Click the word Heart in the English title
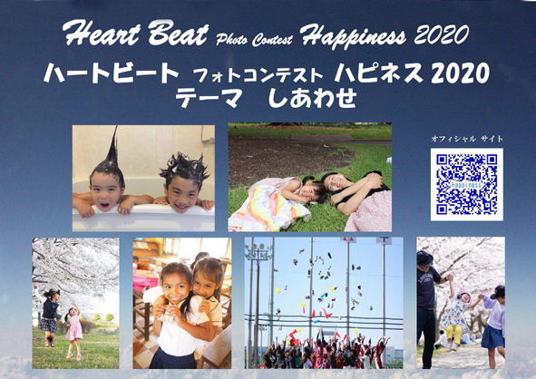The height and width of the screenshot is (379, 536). pyautogui.click(x=102, y=34)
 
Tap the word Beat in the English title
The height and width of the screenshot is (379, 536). pyautogui.click(x=178, y=34)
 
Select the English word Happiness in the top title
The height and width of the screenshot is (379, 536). pyautogui.click(x=353, y=36)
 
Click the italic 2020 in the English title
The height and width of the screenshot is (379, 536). pyautogui.click(x=441, y=34)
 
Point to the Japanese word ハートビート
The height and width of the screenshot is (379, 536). pyautogui.click(x=112, y=73)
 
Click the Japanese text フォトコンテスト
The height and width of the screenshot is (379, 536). pyautogui.click(x=258, y=76)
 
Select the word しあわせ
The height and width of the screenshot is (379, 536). pyautogui.click(x=312, y=97)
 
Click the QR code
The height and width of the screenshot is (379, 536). pyautogui.click(x=466, y=185)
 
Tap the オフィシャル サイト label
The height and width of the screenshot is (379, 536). pyautogui.click(x=467, y=139)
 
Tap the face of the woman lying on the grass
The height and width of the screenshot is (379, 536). pyautogui.click(x=336, y=183)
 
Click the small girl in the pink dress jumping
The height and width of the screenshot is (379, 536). pyautogui.click(x=73, y=330)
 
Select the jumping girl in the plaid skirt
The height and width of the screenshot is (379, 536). pyautogui.click(x=49, y=316)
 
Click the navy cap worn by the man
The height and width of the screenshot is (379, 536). pyautogui.click(x=424, y=258)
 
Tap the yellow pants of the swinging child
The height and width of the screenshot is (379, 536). pyautogui.click(x=453, y=335)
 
